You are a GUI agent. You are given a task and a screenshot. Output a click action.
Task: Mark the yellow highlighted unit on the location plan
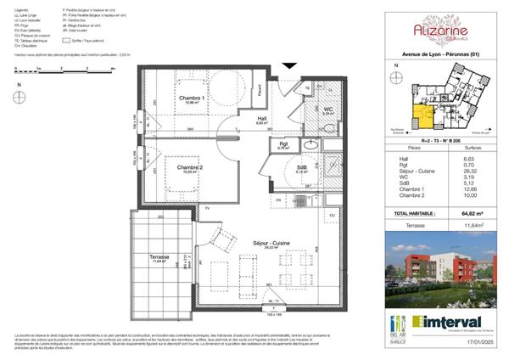tap(421, 109)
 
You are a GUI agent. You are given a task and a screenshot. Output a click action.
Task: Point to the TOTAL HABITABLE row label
tap(416, 201)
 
